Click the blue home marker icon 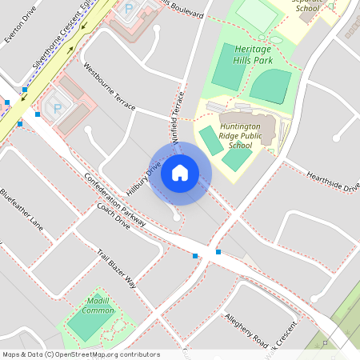(x=180, y=173)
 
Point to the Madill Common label (x=99, y=305)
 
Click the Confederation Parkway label (x=114, y=198)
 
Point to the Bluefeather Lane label (x=22, y=206)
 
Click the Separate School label (x=306, y=6)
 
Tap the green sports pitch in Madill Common (x=90, y=322)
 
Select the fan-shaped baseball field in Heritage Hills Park (x=270, y=86)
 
